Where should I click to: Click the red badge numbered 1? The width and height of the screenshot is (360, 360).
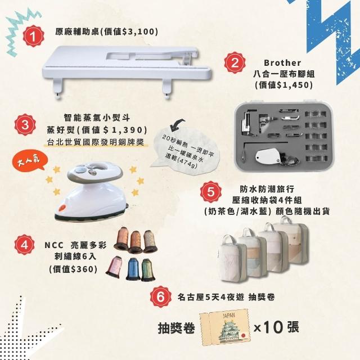34,36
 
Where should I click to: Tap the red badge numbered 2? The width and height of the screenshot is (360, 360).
235,62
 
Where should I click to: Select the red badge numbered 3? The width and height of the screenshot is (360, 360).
25,125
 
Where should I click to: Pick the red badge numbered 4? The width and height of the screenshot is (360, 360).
24,245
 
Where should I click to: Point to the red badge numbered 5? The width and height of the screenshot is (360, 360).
211,192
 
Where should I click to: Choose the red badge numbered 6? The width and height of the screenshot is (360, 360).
160,296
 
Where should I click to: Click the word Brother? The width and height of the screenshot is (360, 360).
282,62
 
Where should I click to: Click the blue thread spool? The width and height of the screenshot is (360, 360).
133,269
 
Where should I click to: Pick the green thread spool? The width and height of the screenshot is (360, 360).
148,270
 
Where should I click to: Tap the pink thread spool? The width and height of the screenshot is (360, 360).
114,267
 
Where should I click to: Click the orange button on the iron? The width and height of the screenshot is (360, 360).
62,208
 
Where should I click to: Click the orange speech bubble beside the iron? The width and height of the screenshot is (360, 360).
30,160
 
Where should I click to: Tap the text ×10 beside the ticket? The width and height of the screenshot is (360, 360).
268,327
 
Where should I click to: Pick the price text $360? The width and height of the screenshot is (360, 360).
81,269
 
